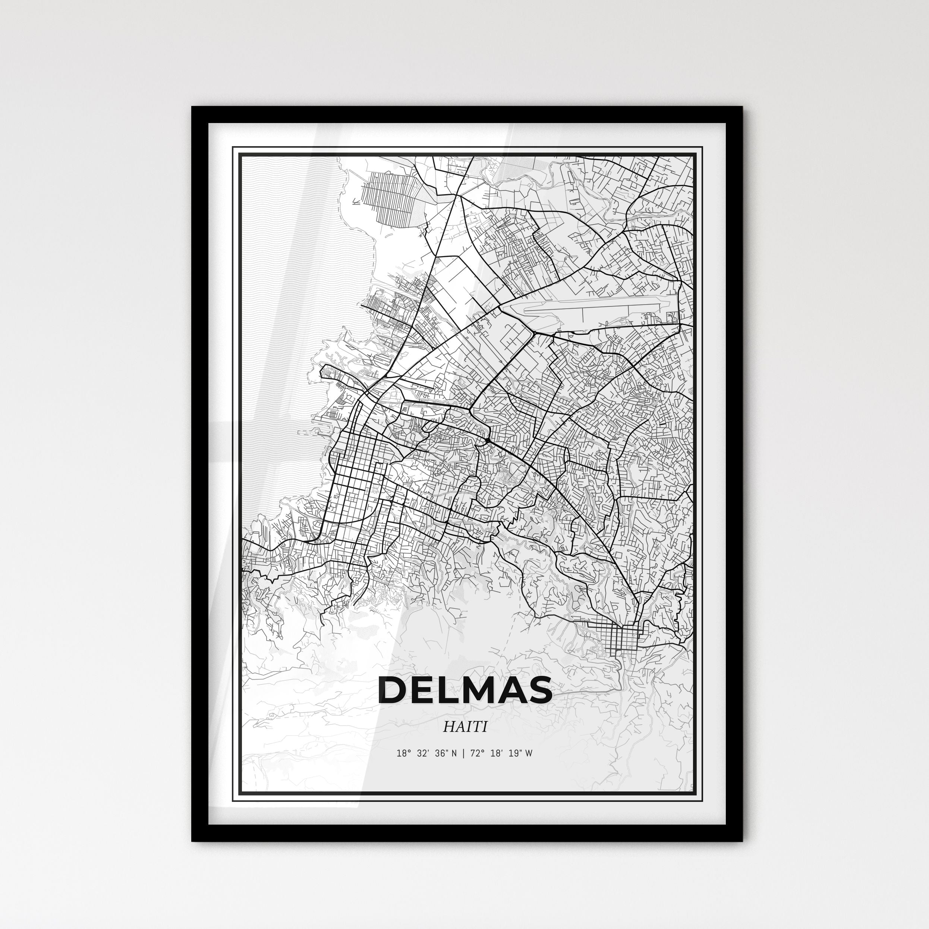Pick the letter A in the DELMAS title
[514, 690]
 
